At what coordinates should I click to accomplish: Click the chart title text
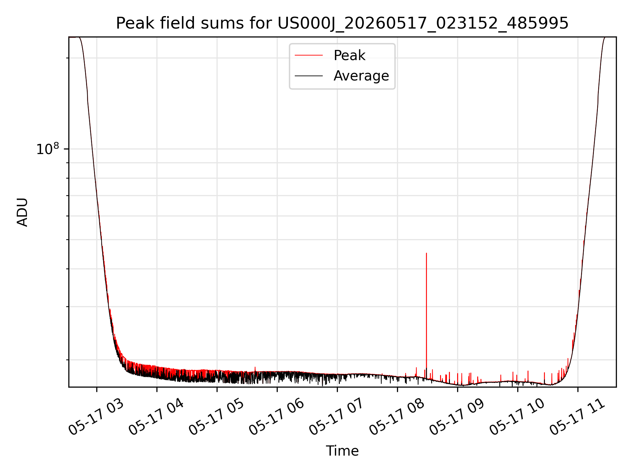342,23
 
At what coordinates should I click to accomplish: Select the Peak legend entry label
349,56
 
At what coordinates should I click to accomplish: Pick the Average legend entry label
361,76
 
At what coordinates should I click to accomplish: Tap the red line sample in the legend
309,56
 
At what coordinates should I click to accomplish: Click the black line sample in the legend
309,76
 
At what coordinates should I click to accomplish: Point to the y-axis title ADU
22,212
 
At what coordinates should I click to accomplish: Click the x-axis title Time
342,451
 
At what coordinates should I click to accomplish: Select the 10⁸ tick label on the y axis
48,149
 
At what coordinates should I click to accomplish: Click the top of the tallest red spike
426,253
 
